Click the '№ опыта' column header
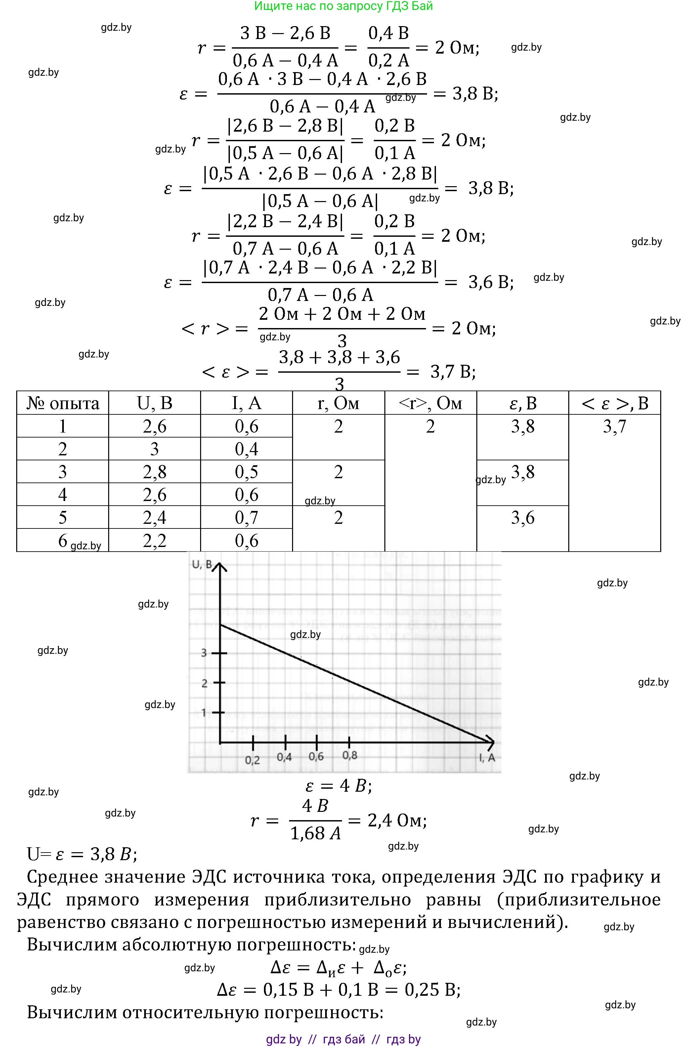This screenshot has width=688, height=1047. [63, 403]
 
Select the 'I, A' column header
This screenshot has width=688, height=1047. [246, 403]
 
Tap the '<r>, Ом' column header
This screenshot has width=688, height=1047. [430, 403]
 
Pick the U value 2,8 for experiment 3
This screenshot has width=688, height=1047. [154, 472]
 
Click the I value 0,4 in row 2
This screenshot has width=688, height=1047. [246, 449]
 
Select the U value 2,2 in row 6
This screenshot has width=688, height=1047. [154, 540]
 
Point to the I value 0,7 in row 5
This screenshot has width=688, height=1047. [246, 517]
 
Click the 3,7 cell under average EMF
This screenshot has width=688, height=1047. [614, 426]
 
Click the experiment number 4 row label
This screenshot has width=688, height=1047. [63, 494]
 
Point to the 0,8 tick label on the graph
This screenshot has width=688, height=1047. [350, 755]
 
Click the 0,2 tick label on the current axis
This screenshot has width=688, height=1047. [252, 760]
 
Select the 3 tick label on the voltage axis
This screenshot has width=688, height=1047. [204, 653]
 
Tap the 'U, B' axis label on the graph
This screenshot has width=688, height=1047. [202, 565]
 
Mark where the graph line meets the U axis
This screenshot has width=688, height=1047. [220, 625]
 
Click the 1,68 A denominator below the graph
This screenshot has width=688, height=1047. [316, 833]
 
